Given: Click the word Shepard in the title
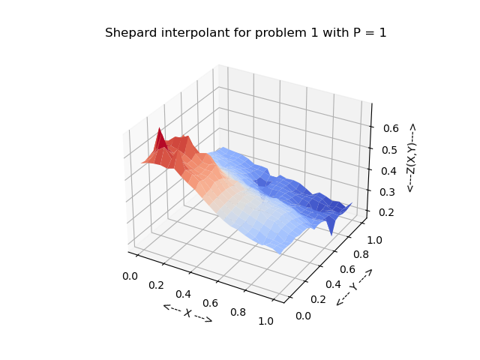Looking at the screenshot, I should click(x=128, y=33).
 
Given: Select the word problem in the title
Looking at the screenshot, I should click(x=267, y=33).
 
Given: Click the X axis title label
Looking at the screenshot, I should click(x=187, y=313).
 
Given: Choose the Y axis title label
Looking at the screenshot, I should click(x=353, y=286).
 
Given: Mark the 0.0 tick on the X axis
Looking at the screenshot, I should click(x=130, y=276).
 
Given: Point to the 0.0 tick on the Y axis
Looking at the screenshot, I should click(x=304, y=316).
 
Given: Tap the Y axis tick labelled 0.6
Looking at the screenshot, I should click(x=347, y=269).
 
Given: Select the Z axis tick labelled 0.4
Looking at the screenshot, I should click(x=388, y=171).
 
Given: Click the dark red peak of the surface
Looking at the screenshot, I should click(x=159, y=137).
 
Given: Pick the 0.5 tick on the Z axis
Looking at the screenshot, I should click(x=388, y=149).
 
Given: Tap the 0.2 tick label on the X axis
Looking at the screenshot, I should click(x=157, y=285).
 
